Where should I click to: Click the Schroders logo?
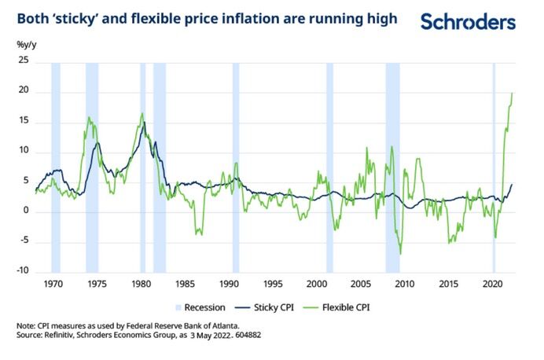[x=468, y=22]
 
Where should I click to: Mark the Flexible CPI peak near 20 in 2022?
[x=512, y=94]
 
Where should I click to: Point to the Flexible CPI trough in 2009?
[x=400, y=253]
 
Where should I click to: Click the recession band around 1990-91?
[x=235, y=165]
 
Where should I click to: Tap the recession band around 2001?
[x=329, y=165]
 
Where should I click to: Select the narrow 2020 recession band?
[x=493, y=165]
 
